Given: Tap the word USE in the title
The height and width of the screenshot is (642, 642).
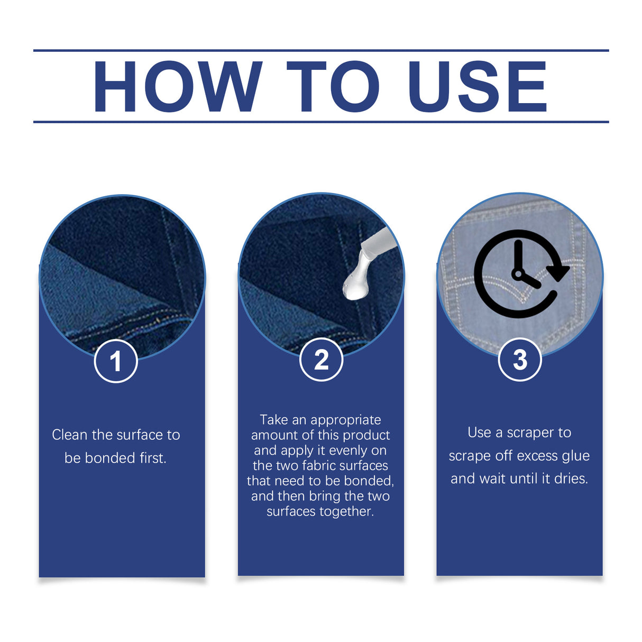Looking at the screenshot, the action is [477, 86].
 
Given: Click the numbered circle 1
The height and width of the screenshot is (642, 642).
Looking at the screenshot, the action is [116, 361].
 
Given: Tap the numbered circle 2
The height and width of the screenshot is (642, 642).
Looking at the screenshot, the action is [321, 360].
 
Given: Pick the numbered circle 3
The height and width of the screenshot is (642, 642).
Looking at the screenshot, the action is [520, 360].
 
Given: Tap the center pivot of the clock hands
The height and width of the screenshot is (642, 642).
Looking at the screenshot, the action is [518, 274].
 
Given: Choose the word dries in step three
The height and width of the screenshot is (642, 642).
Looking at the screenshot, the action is [571, 479].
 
